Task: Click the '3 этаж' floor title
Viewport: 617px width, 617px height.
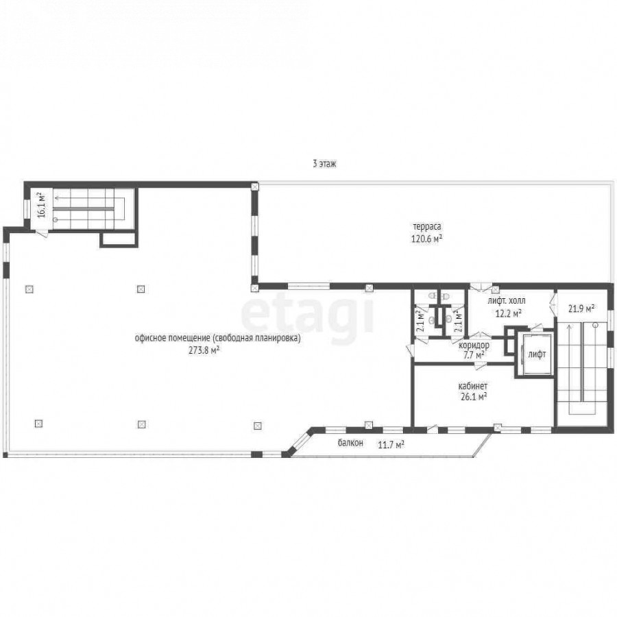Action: click(x=324, y=164)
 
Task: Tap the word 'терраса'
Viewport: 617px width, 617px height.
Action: click(x=426, y=227)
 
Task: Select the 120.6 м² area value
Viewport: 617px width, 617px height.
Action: click(x=426, y=239)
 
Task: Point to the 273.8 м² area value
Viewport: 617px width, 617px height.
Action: click(x=204, y=350)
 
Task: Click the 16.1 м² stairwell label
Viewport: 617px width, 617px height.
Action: click(x=42, y=204)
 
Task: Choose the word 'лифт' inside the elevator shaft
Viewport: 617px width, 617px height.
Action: click(x=537, y=354)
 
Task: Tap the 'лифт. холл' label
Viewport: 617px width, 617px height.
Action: click(x=506, y=301)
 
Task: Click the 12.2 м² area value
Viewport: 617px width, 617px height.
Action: click(x=509, y=313)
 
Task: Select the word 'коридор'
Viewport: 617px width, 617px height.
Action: click(x=474, y=346)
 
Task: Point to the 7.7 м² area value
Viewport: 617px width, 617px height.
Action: click(x=474, y=355)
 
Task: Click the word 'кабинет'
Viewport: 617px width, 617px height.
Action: click(x=472, y=385)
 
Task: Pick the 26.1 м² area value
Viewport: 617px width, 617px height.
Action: click(x=473, y=397)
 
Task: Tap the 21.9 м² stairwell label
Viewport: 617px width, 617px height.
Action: click(x=581, y=309)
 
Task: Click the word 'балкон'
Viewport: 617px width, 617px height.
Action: click(x=350, y=443)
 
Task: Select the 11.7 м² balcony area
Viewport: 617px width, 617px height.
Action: click(x=391, y=445)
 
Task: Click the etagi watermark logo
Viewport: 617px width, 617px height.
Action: click(x=307, y=315)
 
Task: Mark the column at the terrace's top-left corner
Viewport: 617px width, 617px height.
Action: click(x=255, y=186)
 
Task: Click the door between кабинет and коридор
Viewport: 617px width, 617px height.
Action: click(x=479, y=366)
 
